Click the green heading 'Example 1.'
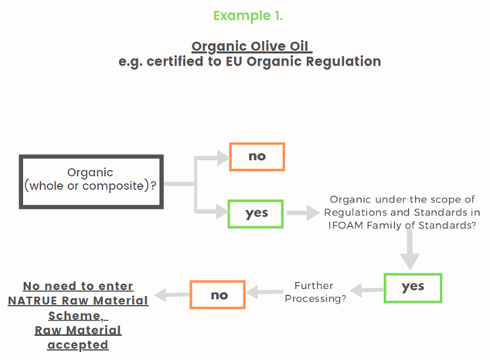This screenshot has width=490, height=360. tap(248, 15)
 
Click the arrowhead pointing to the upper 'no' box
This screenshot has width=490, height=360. tap(223, 158)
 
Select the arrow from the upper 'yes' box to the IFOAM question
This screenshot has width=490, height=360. tap(302, 212)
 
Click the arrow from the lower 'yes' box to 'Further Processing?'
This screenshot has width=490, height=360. tap(366, 290)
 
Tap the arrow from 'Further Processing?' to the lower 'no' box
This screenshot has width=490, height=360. tap(264, 292)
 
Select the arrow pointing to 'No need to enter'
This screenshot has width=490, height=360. tap(172, 294)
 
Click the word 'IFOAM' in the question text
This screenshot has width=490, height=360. tap(346, 225)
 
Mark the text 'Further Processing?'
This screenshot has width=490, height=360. tap(315, 292)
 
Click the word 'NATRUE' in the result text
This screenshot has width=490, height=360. tap(32, 301)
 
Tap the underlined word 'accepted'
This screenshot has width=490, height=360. tap(78, 345)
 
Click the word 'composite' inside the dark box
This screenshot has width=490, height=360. tap(113, 185)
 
